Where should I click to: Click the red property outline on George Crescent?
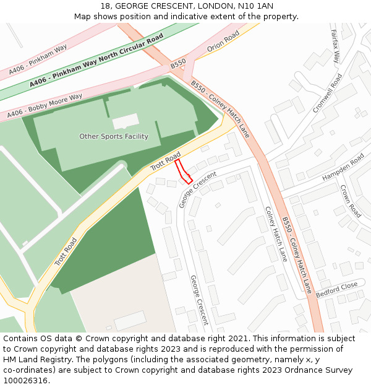(184, 172)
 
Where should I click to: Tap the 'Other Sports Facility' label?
(114, 136)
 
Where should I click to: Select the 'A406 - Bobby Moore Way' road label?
(45, 107)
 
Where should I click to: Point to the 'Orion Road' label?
(223, 41)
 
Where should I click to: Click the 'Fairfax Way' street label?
(335, 46)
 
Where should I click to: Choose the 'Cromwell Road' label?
(327, 93)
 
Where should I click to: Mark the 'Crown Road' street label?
(351, 201)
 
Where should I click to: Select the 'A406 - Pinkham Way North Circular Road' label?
(96, 61)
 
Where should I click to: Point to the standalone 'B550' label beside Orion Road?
(178, 64)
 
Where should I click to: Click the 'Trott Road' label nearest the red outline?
(165, 161)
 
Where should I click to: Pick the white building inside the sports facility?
(126, 121)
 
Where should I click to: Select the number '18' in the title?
(103, 6)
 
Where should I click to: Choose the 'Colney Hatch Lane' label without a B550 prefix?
(276, 233)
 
